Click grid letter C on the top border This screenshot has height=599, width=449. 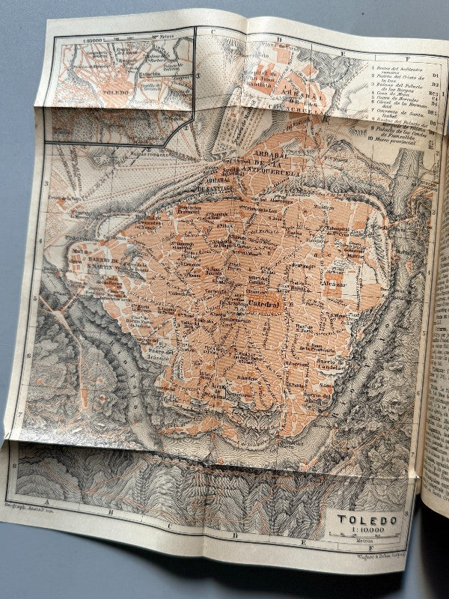pyautogui.click(x=212, y=31)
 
